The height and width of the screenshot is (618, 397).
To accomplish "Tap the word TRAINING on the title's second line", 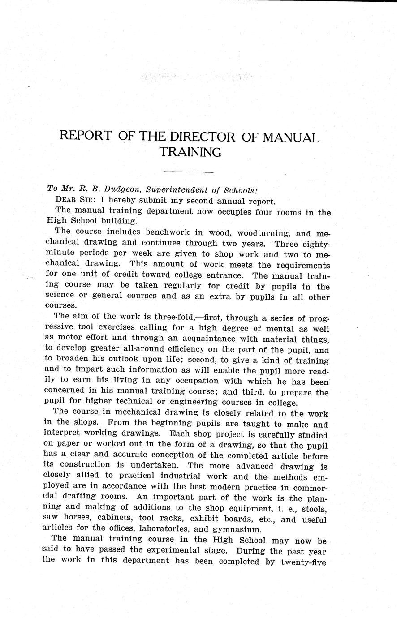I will click(x=190, y=152).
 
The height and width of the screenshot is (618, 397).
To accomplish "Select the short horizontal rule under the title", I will click(x=188, y=172).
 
